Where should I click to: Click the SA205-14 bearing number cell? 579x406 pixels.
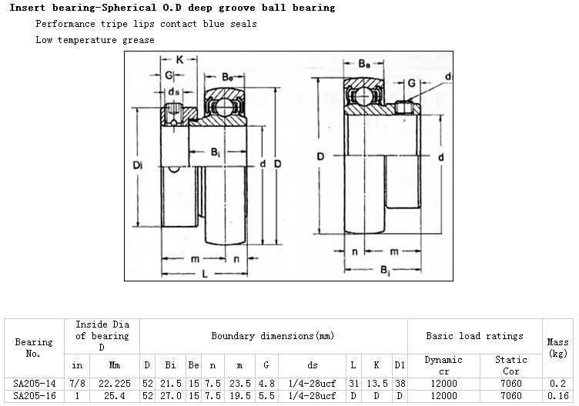(x=34, y=382)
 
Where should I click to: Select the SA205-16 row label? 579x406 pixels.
(x=34, y=395)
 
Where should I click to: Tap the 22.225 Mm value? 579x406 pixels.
(x=115, y=382)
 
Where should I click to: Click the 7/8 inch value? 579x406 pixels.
(x=77, y=382)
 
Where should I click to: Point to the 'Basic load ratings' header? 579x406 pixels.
(x=474, y=336)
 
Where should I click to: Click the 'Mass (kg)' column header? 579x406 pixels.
(x=557, y=347)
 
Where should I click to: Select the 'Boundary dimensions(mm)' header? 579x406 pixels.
(x=273, y=336)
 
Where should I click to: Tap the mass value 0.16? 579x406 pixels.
(x=557, y=395)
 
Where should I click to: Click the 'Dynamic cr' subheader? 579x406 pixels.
(x=444, y=364)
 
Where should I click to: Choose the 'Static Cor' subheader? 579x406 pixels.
(x=510, y=364)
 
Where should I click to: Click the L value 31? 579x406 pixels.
(x=353, y=382)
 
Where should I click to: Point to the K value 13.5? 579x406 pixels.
(x=376, y=382)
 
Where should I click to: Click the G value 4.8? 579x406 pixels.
(x=266, y=382)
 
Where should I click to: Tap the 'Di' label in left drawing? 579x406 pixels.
(x=138, y=164)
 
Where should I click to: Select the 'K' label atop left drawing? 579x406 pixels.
(x=179, y=59)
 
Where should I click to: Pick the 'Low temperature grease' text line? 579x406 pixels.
(x=95, y=39)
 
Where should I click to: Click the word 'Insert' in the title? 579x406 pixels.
(x=28, y=8)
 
